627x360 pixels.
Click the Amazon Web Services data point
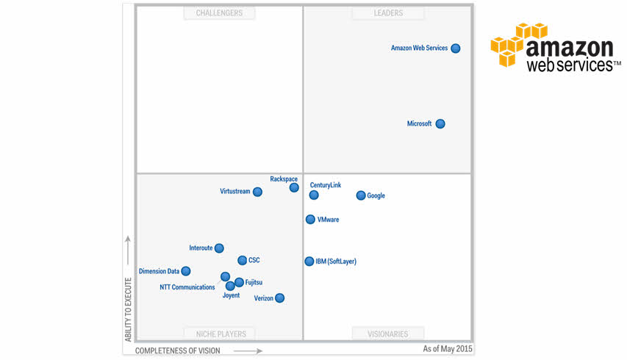[456, 48]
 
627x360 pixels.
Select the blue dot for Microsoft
[440, 124]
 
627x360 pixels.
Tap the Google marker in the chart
[361, 195]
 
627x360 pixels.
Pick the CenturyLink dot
[314, 195]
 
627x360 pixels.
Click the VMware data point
[310, 220]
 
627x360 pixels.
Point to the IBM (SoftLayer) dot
[309, 262]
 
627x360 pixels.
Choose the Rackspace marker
[294, 187]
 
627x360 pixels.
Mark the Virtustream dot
[257, 192]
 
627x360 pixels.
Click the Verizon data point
[279, 298]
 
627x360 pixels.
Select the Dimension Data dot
[186, 271]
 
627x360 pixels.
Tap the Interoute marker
[219, 248]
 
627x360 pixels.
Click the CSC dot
[243, 260]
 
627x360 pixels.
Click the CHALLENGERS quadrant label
[219, 13]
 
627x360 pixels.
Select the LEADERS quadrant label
[387, 13]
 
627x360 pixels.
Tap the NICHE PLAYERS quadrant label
[220, 334]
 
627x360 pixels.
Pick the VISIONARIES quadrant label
[387, 334]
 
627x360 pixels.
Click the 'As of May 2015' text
[448, 348]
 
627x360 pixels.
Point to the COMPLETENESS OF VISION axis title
[177, 350]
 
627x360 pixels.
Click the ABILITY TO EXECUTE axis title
[129, 309]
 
